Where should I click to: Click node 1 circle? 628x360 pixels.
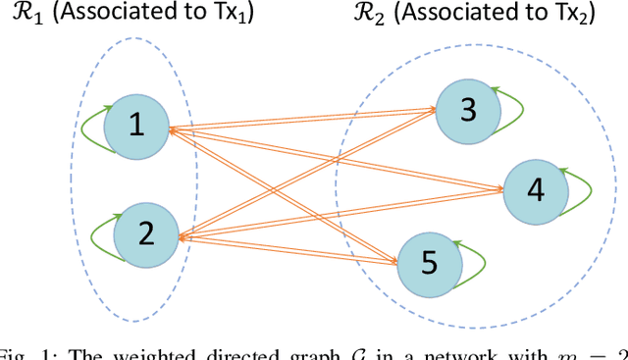[136, 125]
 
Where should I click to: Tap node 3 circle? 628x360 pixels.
[468, 109]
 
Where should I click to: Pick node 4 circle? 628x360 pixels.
[535, 187]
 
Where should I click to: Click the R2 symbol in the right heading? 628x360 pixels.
[335, 19]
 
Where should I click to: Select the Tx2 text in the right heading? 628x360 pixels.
[548, 19]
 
